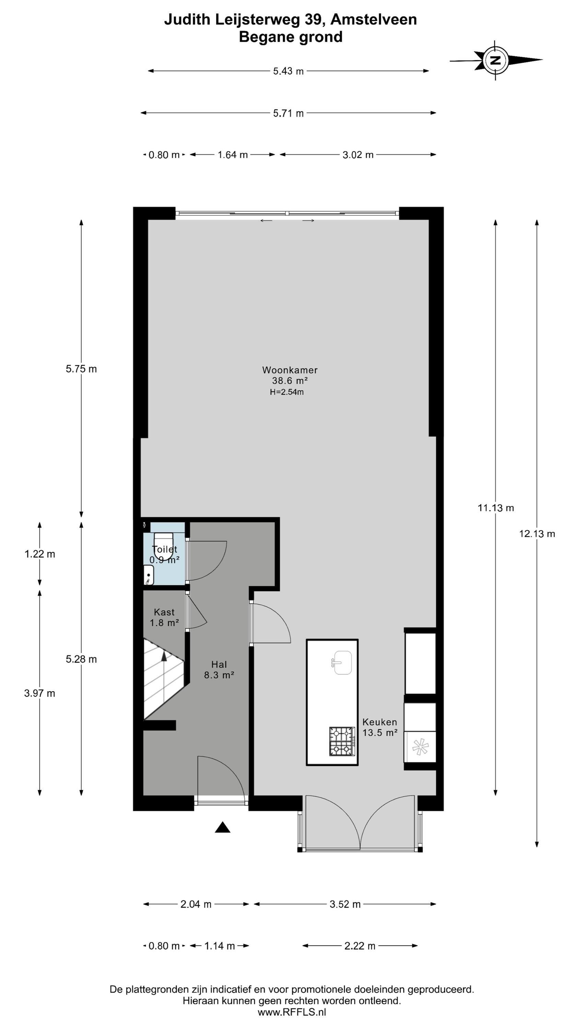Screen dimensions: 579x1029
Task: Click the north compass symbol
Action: coord(496,60)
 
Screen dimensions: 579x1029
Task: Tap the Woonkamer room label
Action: coord(290,370)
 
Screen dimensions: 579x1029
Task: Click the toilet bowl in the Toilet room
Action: coord(163,546)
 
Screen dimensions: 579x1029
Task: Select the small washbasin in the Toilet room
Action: coord(149,575)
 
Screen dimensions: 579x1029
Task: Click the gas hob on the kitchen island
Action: coord(342,741)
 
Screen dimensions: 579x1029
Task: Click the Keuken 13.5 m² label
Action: coord(380,727)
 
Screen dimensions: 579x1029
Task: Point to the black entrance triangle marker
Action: coord(223,827)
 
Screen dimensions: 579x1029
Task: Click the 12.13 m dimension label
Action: coord(537,534)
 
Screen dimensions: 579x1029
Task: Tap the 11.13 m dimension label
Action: coord(496,508)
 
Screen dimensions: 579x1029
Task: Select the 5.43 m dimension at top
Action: coord(288,71)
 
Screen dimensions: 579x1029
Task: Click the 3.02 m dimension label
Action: coord(358,155)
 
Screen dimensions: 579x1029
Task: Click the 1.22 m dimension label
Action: coord(39,554)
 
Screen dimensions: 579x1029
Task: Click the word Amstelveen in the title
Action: coord(374,19)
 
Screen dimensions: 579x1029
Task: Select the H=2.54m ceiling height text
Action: coord(286,392)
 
